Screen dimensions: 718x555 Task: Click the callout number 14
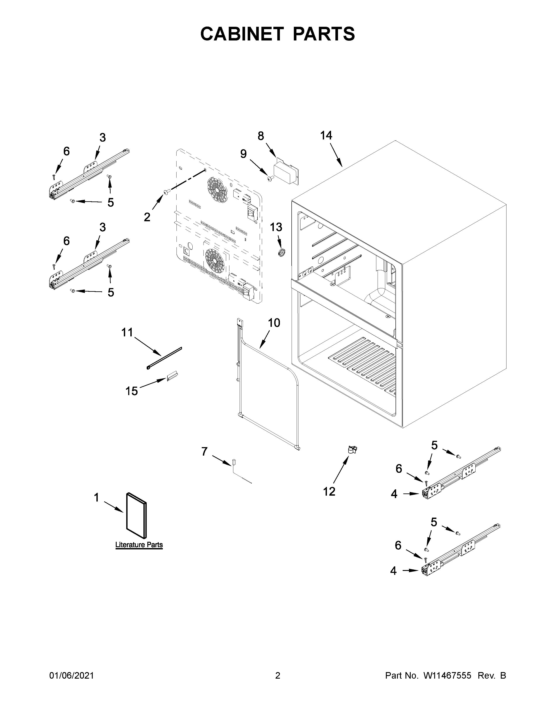click(x=326, y=136)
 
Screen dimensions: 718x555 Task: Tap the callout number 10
click(x=274, y=323)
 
